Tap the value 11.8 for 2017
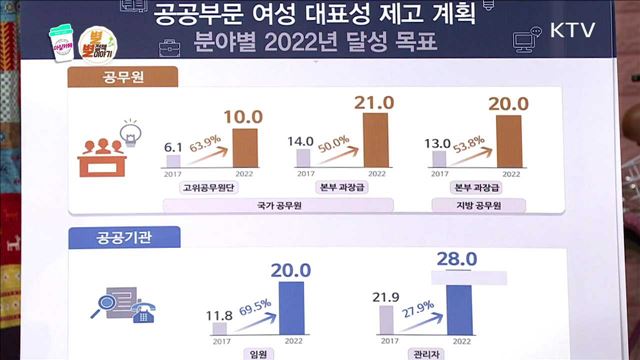click(x=218, y=318)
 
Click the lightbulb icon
click(x=128, y=128)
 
